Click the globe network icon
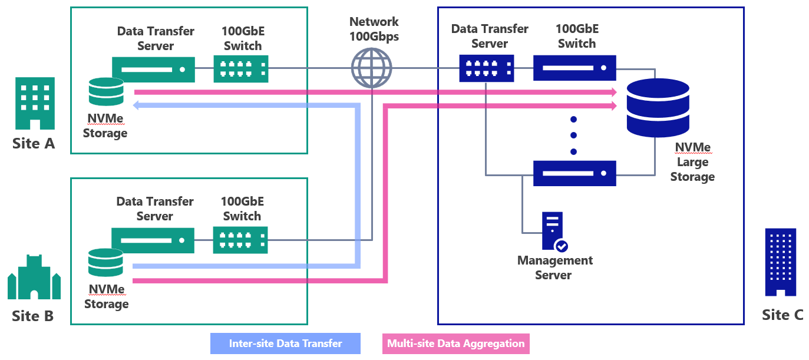pyautogui.click(x=371, y=68)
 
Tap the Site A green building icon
pyautogui.click(x=35, y=103)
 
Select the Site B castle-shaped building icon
pyautogui.click(x=34, y=277)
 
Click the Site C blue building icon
pyautogui.click(x=780, y=262)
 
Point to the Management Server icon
pyautogui.click(x=553, y=232)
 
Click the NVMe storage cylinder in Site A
pyautogui.click(x=106, y=91)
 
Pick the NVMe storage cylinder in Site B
pyautogui.click(x=105, y=263)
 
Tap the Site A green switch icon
pyautogui.click(x=240, y=68)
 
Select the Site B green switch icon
pyautogui.click(x=240, y=240)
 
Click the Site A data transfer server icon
pyautogui.click(x=153, y=69)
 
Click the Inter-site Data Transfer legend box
pyautogui.click(x=285, y=344)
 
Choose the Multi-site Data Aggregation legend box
pyautogui.click(x=455, y=344)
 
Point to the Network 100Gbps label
pyautogui.click(x=374, y=29)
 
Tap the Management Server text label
pyautogui.click(x=554, y=267)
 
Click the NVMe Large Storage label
pyautogui.click(x=692, y=162)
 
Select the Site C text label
pyautogui.click(x=782, y=315)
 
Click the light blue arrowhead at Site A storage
pyautogui.click(x=137, y=106)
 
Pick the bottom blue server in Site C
pyautogui.click(x=574, y=173)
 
